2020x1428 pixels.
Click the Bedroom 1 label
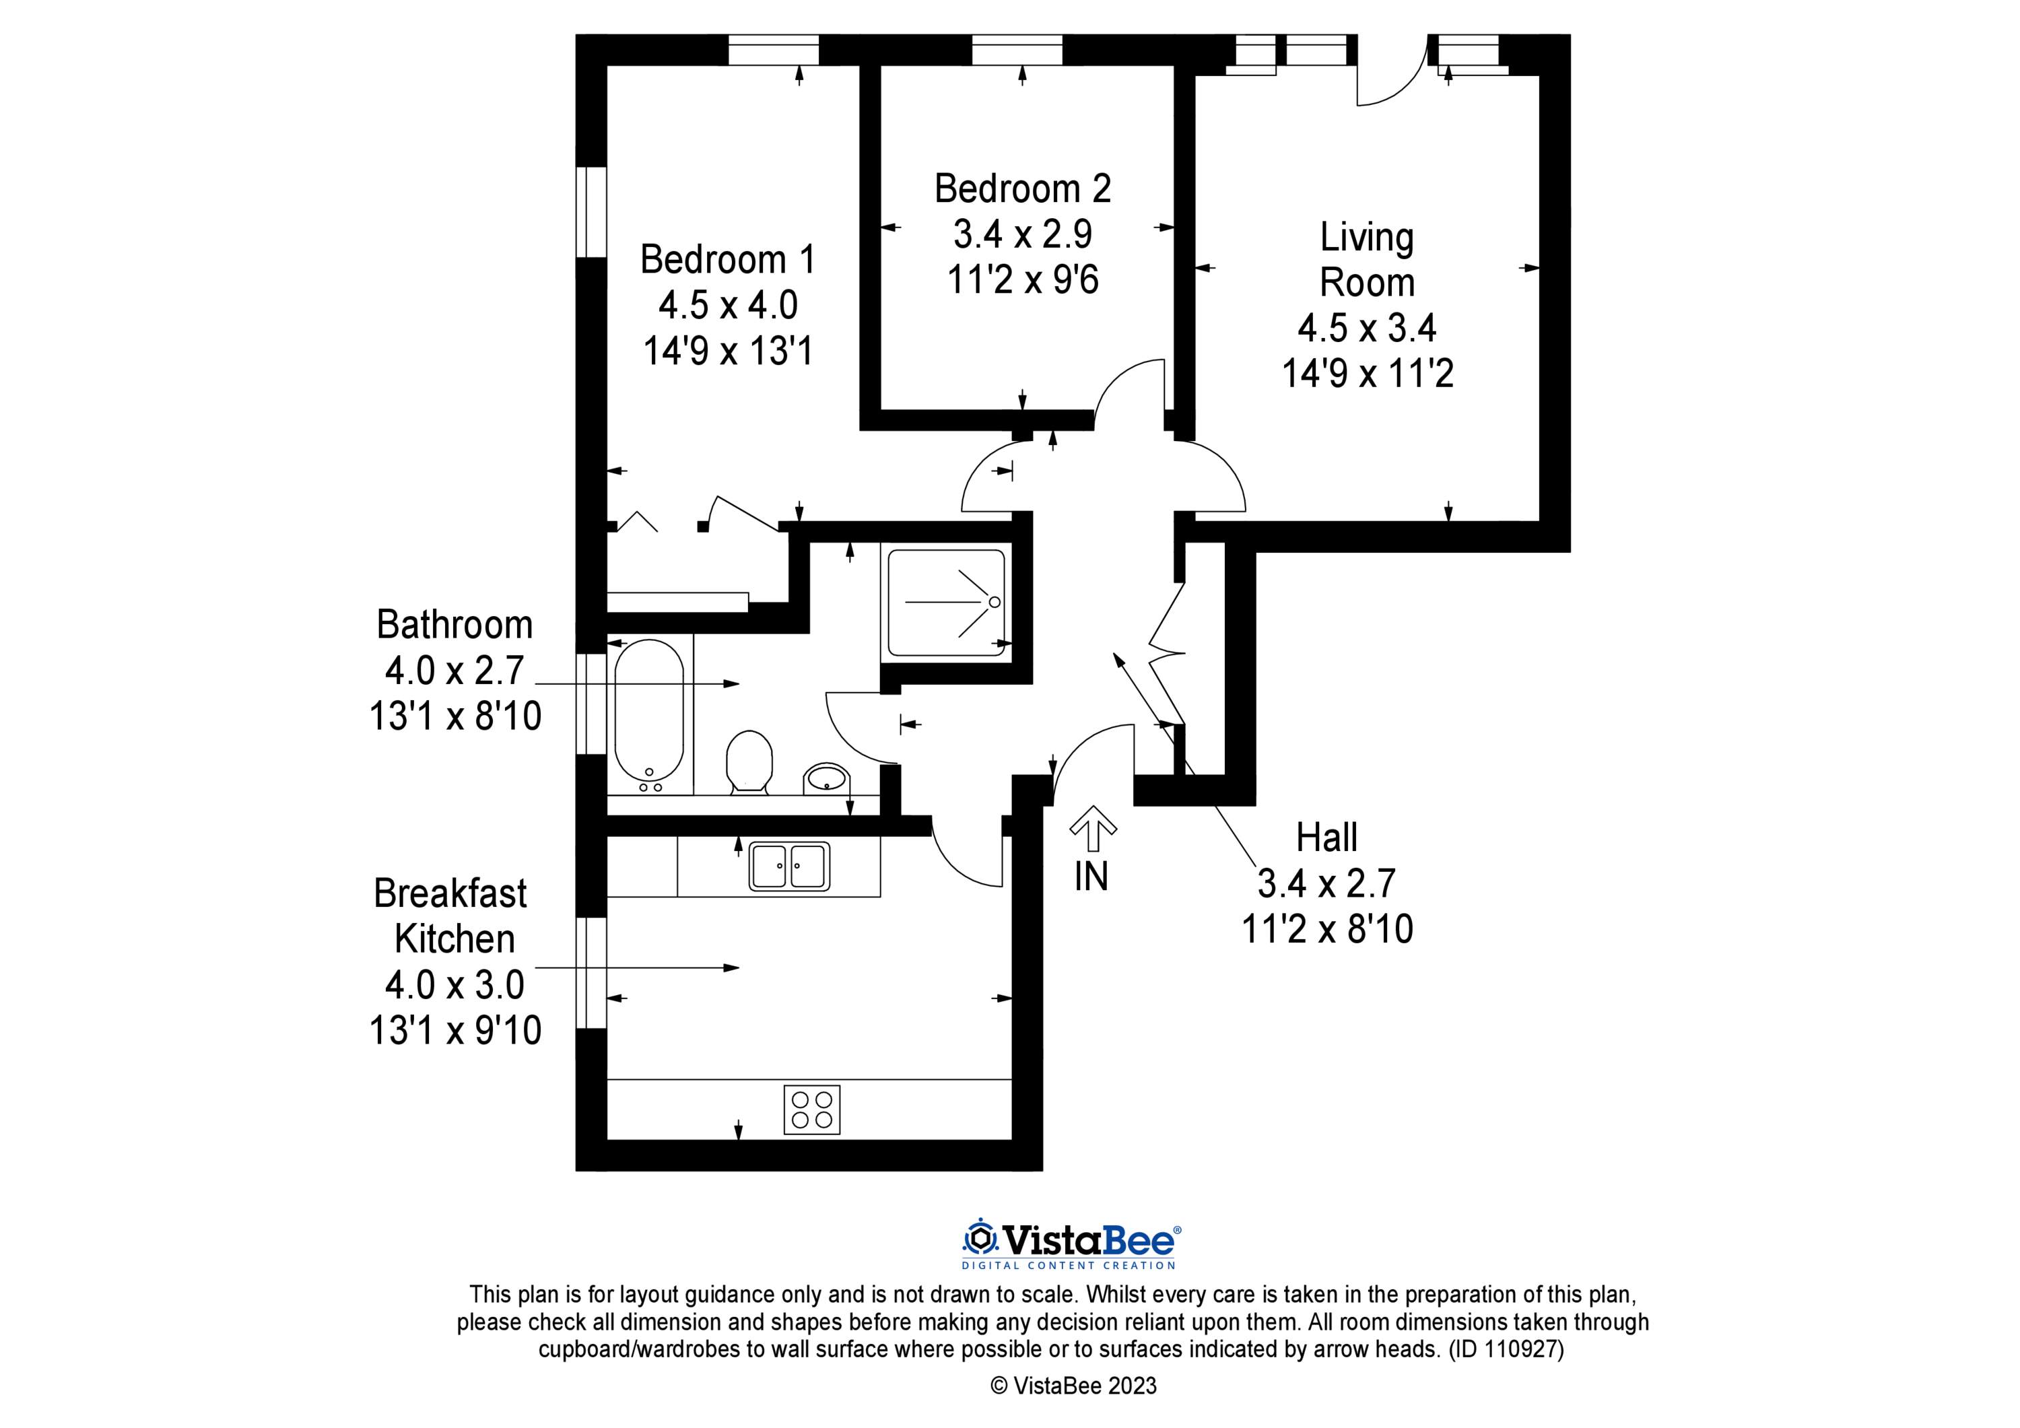pos(728,260)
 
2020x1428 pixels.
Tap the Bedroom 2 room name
pos(1022,189)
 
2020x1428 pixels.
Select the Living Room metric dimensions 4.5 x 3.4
pos(1366,328)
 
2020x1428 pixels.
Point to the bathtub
pos(649,714)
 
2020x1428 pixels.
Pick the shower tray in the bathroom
pos(947,603)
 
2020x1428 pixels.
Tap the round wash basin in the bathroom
pos(826,778)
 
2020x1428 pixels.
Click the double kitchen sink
pos(789,866)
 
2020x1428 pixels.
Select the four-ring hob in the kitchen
pos(812,1110)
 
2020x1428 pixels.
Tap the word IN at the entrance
pos(1091,877)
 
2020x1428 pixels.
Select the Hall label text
pos(1326,838)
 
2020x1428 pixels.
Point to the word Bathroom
pos(455,625)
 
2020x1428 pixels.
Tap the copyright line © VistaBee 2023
pos(1073,1386)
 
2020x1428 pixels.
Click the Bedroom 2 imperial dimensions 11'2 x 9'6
pos(1022,281)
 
